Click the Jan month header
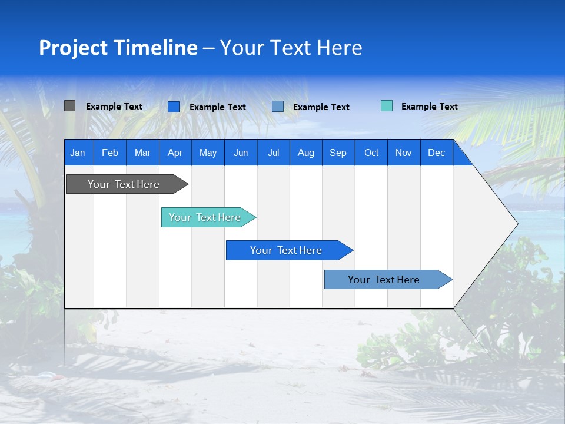pos(78,153)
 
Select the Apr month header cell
pos(175,153)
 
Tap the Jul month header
pos(273,153)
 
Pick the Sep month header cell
pos(338,153)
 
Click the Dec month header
pos(436,153)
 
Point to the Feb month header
pos(110,153)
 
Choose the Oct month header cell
pos(371,153)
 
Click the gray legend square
pos(69,106)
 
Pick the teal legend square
pos(387,106)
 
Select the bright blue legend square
pos(174,107)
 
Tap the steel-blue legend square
pos(278,106)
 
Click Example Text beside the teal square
pos(429,107)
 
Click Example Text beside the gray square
pos(114,107)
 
